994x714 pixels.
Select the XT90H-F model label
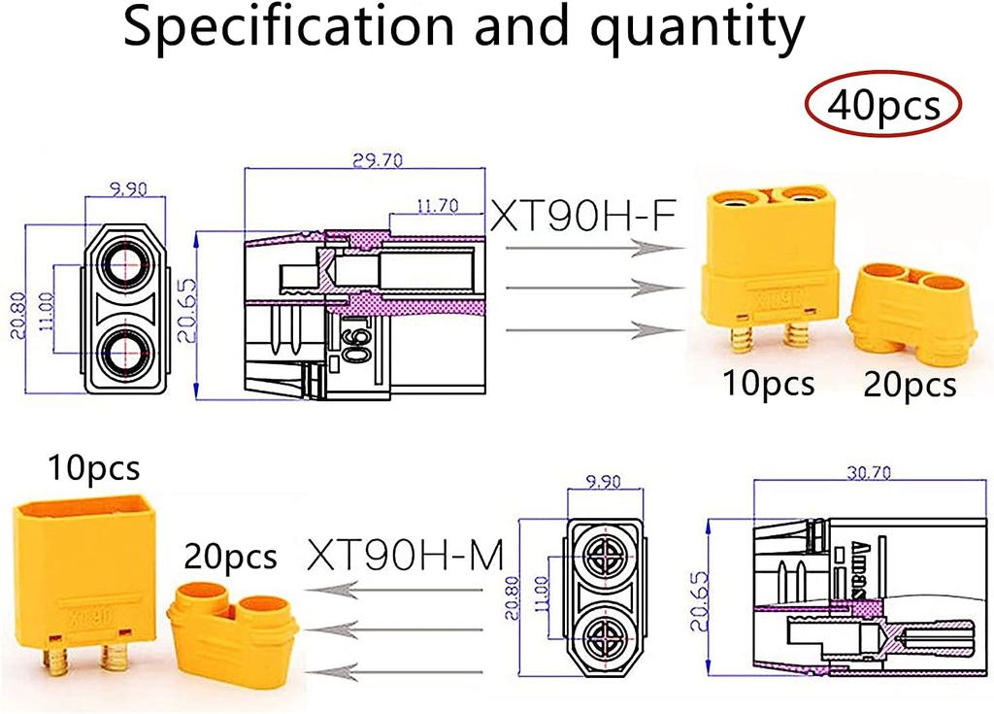[x=582, y=214]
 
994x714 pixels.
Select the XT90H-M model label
[x=406, y=557]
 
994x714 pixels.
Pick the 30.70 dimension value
[x=854, y=473]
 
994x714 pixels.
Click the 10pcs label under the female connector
[x=768, y=384]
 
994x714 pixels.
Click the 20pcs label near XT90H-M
[x=231, y=557]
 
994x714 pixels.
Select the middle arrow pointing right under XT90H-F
[x=582, y=288]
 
